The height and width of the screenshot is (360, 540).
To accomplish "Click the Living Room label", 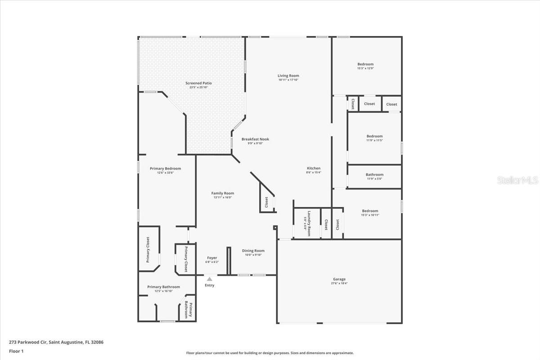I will click(288, 76).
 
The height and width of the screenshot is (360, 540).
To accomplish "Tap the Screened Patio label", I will click(198, 83).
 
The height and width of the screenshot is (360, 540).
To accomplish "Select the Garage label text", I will click(339, 279).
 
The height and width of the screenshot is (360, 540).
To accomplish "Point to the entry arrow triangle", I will click(209, 279).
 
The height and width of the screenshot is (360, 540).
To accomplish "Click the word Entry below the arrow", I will click(210, 285).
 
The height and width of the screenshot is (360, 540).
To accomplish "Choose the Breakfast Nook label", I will click(255, 139).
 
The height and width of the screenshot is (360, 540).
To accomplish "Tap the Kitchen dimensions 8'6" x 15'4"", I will click(314, 172).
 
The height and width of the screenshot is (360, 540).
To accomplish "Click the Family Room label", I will click(223, 193).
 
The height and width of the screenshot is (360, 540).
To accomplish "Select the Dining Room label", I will click(253, 251).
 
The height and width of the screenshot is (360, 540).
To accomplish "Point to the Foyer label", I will click(212, 258).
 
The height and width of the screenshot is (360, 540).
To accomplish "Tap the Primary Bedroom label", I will click(166, 169).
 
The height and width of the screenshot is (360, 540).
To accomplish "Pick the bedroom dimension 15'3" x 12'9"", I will click(365, 68).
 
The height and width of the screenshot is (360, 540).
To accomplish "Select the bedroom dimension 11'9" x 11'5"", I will click(374, 140).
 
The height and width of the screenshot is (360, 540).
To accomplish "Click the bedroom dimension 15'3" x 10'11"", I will click(370, 215).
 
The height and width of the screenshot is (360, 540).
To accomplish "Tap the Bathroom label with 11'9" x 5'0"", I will click(374, 175).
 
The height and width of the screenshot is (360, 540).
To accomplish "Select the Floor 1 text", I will click(17, 351).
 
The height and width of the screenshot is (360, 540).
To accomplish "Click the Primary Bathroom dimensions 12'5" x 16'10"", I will click(163, 291).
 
